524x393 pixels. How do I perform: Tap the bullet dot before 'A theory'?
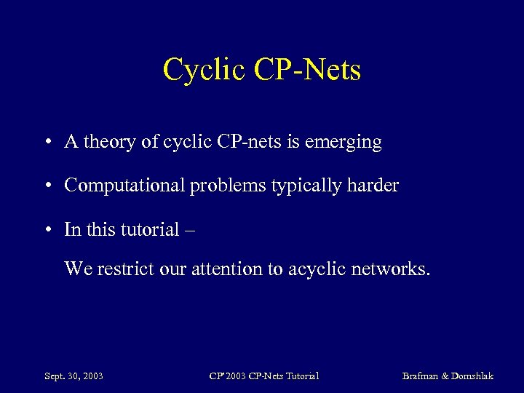pyautogui.click(x=46, y=143)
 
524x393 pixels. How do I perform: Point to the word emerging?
pyautogui.click(x=347, y=143)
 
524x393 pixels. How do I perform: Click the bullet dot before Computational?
pyautogui.click(x=46, y=186)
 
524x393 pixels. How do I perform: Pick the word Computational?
pyautogui.click(x=124, y=186)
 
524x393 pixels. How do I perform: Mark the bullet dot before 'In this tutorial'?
pyautogui.click(x=46, y=230)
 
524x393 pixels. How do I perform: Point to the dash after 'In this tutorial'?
pyautogui.click(x=191, y=231)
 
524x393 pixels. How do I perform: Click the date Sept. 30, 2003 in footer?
pyautogui.click(x=74, y=376)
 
